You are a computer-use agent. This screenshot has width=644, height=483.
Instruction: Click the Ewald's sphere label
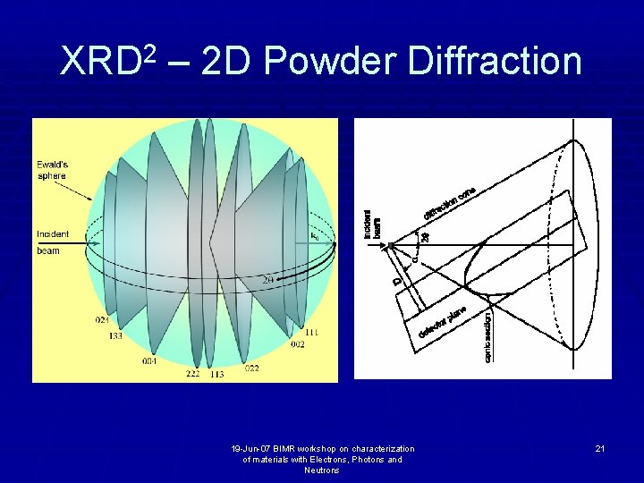click(x=53, y=170)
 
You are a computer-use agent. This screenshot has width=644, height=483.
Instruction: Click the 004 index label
click(x=148, y=361)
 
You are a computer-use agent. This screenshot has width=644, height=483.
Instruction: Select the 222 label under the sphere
click(x=192, y=374)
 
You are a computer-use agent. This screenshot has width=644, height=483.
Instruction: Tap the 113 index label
click(x=216, y=374)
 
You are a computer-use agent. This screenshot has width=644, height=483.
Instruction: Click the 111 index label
click(x=311, y=332)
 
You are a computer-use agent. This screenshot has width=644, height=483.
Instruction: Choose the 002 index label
click(x=297, y=343)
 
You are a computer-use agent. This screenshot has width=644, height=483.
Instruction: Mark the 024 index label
click(x=103, y=320)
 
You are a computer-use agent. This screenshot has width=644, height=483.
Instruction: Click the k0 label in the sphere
click(x=314, y=236)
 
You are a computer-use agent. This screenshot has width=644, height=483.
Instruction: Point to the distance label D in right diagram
click(x=396, y=280)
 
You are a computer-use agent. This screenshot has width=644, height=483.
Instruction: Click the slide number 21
click(x=600, y=448)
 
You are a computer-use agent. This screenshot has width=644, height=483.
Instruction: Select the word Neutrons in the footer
click(x=322, y=470)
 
